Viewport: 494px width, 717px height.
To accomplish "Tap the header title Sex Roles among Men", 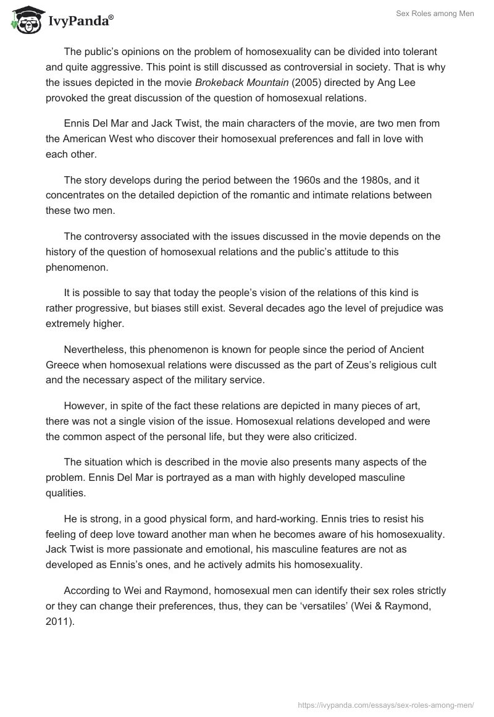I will [435, 14].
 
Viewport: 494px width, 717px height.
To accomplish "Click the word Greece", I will [62, 365].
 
